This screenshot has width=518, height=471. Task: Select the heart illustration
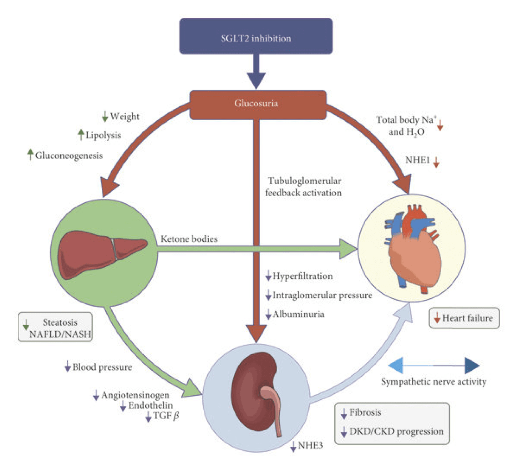(x=414, y=250)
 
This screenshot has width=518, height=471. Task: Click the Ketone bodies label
(x=189, y=239)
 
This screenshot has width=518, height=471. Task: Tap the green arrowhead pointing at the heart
(x=347, y=249)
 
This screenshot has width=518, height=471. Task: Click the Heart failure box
(x=464, y=318)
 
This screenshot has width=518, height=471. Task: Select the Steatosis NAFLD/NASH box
(x=56, y=328)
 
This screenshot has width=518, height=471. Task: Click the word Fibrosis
(x=365, y=412)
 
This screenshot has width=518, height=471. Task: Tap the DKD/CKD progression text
(x=396, y=431)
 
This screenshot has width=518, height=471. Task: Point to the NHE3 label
(x=310, y=445)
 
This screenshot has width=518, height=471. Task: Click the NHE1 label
(x=417, y=160)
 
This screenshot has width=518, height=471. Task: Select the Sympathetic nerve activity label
(x=433, y=382)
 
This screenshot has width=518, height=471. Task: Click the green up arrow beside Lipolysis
(x=81, y=135)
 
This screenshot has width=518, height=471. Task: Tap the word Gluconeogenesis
(x=69, y=156)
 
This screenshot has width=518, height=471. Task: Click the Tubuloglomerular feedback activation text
(x=304, y=187)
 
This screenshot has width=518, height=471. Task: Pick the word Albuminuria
(x=298, y=314)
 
